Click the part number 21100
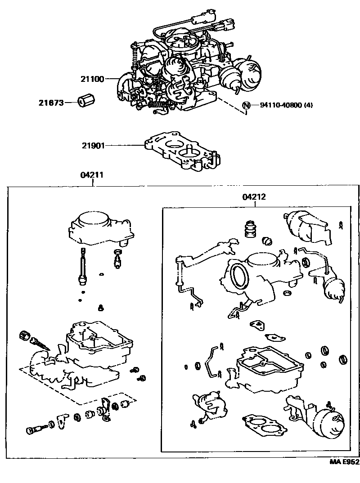click(92, 79)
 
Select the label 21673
click(50, 103)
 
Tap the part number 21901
click(93, 145)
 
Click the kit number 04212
click(254, 197)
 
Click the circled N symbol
click(246, 105)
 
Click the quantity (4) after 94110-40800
click(308, 105)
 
